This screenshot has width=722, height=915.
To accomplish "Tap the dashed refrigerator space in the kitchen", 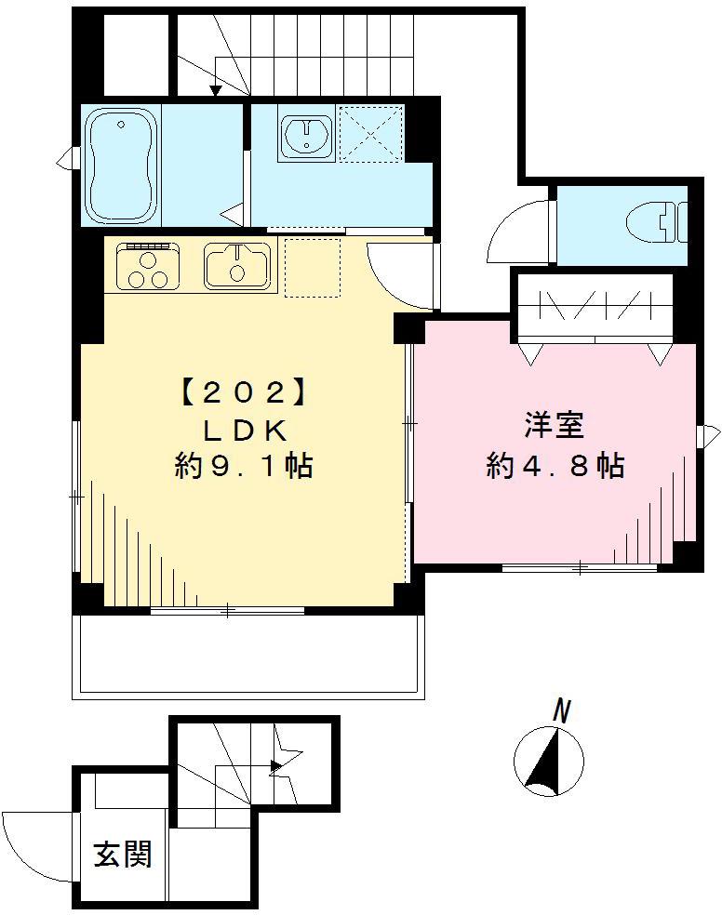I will tap(312, 268).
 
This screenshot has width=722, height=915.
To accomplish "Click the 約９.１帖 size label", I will tap(242, 466).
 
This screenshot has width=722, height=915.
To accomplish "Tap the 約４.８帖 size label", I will tap(555, 466).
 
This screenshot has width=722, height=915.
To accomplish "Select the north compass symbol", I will tap(548, 762).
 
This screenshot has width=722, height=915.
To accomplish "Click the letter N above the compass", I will tap(560, 712).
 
